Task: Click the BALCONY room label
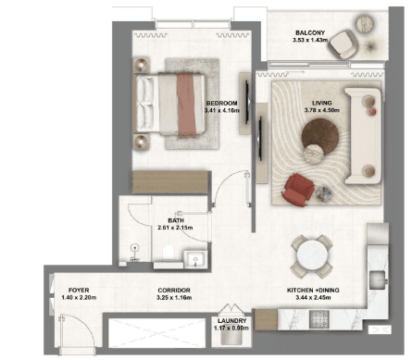310,32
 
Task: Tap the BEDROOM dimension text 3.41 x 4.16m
222,110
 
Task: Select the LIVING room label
322,103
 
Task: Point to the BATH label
176,220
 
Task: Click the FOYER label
79,291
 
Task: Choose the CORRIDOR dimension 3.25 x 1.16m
174,298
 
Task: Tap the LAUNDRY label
232,321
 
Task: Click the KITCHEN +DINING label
313,291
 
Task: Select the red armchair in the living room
297,190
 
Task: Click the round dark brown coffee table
320,136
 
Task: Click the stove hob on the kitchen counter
319,319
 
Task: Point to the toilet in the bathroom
169,252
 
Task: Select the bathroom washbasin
194,258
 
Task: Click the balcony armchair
343,44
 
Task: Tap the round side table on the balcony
365,23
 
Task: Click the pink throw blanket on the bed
187,106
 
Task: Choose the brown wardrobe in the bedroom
170,182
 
